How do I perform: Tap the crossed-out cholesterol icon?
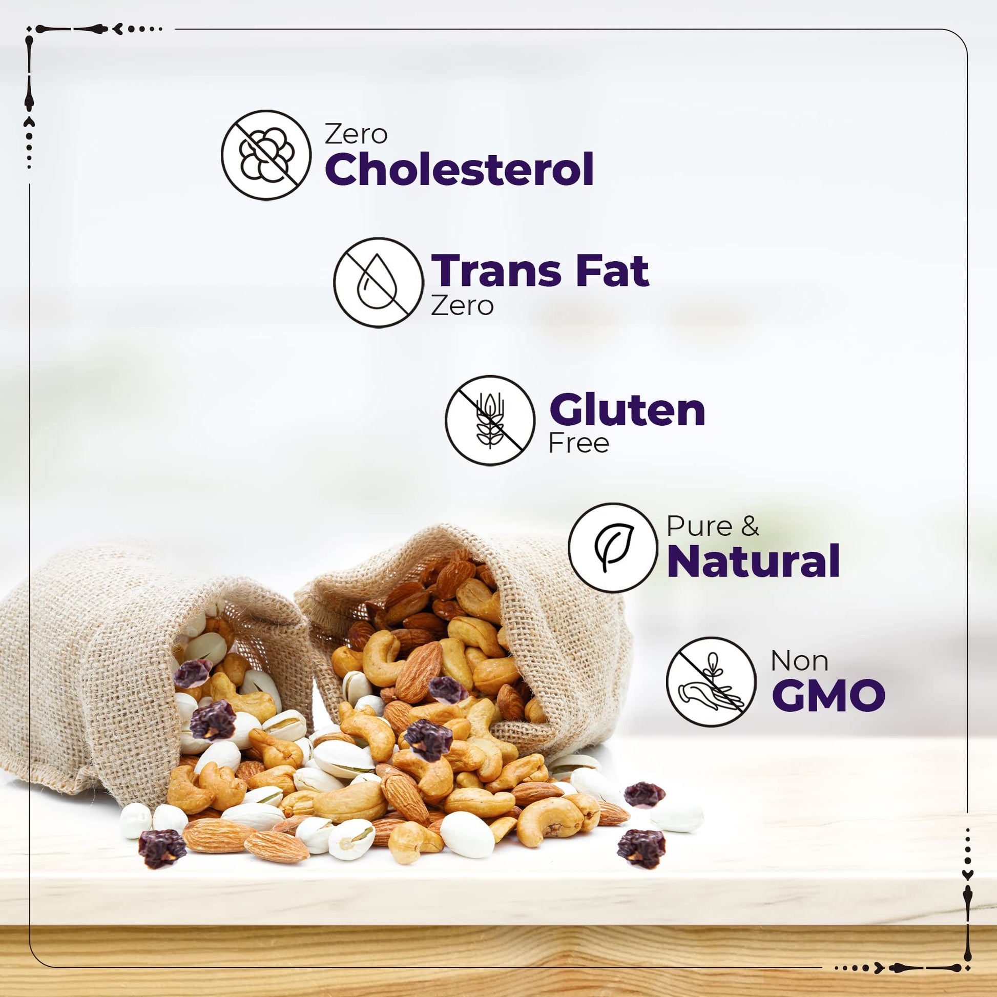[266, 155]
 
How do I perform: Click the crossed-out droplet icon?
[378, 283]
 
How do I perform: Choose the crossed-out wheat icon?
[490, 421]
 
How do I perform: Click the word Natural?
[754, 561]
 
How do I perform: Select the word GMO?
[828, 695]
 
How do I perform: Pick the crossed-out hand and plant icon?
[711, 682]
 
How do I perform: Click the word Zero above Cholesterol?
[356, 135]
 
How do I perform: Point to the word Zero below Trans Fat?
[462, 305]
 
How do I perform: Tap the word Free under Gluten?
[578, 443]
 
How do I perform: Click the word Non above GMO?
[799, 661]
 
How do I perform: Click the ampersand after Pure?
[749, 526]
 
